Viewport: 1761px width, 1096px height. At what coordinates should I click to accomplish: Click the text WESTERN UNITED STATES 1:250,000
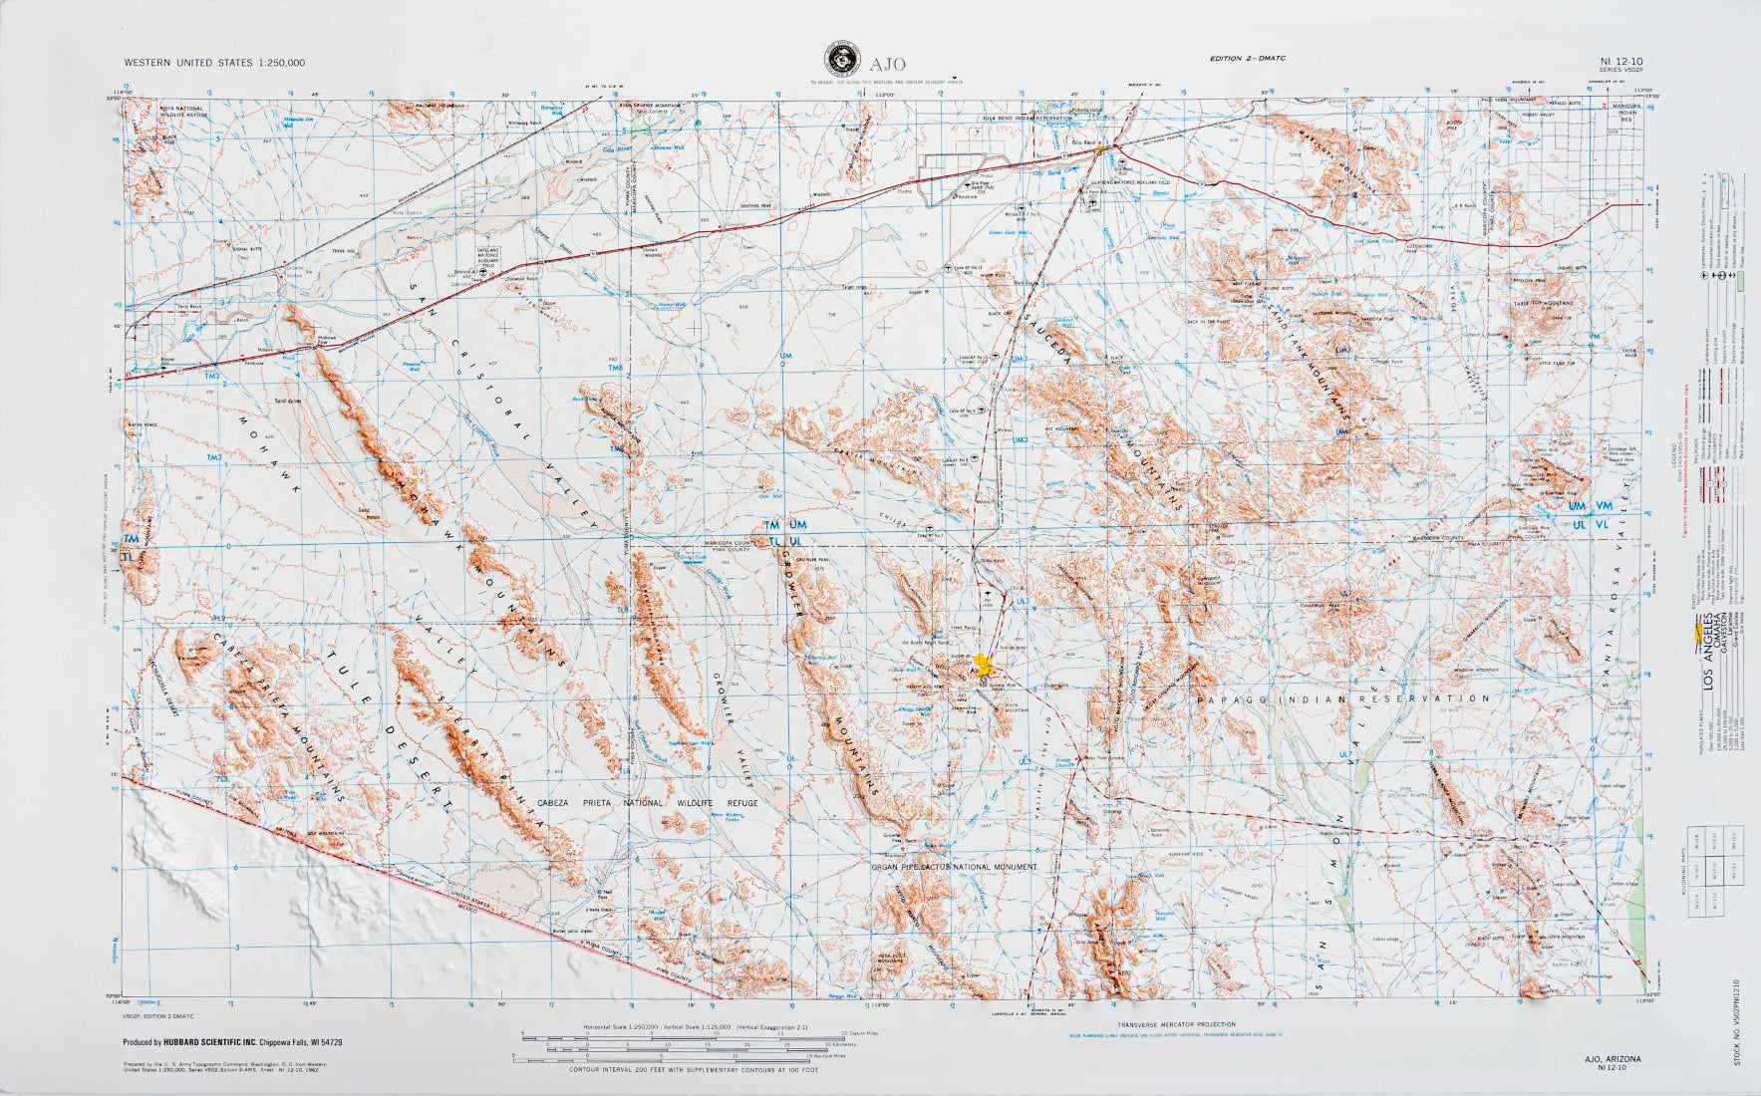[214, 62]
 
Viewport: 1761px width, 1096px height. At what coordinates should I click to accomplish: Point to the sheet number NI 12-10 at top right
[1619, 62]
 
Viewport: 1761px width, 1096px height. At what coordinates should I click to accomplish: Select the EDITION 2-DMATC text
[1248, 59]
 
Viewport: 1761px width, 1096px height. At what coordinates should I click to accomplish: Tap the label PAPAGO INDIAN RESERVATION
[1344, 699]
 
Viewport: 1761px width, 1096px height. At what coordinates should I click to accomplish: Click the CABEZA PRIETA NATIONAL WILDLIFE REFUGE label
[647, 803]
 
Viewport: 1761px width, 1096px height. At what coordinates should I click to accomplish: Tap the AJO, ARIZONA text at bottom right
[1611, 1058]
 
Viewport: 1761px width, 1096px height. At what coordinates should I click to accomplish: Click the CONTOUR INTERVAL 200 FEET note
[692, 1071]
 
